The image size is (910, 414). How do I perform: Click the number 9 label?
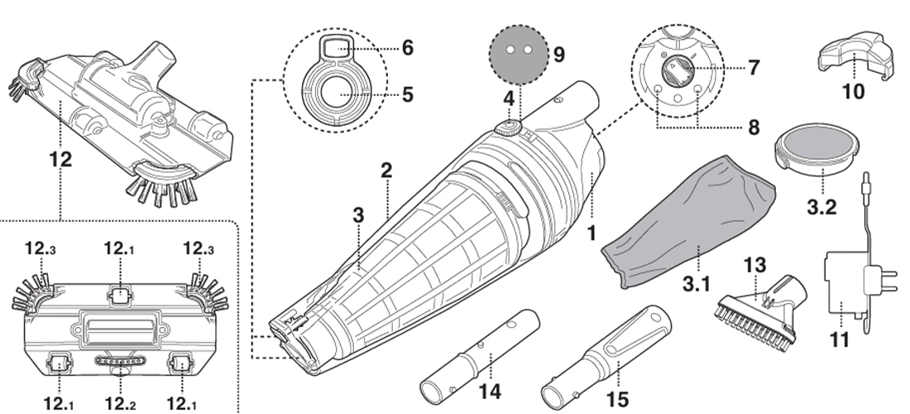tap(558, 55)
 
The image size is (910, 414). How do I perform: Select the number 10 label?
tap(853, 92)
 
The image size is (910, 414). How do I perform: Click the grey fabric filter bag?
tap(691, 224)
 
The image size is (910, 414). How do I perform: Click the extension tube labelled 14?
tap(479, 354)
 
